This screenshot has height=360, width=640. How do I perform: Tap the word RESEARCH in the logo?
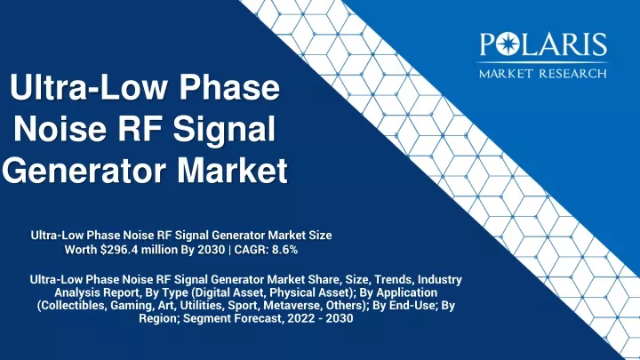coord(572,74)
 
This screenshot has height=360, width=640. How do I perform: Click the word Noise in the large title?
coord(60,128)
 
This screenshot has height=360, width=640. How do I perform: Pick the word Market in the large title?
coord(233,169)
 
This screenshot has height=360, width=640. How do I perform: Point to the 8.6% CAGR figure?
coord(284,250)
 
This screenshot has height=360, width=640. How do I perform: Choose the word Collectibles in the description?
coord(72,305)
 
